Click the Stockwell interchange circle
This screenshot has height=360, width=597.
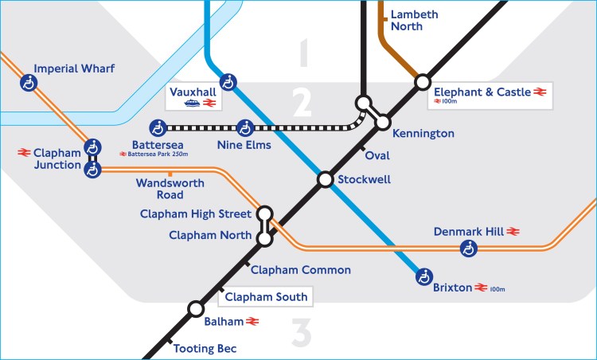325,179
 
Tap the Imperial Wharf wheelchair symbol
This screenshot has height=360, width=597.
29,82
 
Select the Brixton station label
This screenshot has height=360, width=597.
452,288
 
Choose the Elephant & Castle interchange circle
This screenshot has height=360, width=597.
422,82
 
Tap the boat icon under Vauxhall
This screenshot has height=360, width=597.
192,104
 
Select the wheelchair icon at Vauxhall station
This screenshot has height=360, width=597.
229,81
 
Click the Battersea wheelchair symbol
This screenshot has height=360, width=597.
158,127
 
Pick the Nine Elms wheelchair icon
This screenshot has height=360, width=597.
247,127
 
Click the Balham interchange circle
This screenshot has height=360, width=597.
195,309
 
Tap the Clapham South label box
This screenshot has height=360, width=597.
265,297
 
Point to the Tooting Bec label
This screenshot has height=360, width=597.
205,349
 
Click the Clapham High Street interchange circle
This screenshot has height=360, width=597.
266,213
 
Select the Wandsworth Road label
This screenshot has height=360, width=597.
170,189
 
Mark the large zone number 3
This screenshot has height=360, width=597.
300,334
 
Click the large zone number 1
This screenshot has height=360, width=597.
302,55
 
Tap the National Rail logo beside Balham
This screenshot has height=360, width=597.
253,322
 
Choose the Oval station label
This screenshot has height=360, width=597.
377,156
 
